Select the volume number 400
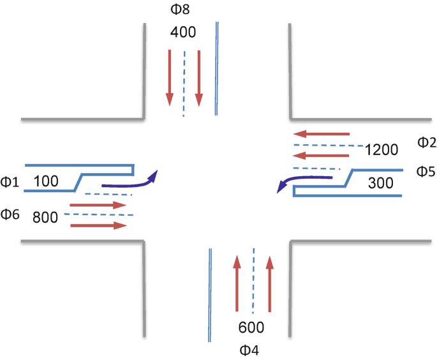[x=183, y=32]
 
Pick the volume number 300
[x=381, y=184]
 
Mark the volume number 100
[x=46, y=181]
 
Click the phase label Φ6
[x=11, y=214]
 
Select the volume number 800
[x=45, y=216]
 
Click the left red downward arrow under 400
[x=170, y=77]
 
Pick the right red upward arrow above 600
[x=270, y=285]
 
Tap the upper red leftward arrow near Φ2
[x=322, y=134]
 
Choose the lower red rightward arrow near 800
[x=98, y=225]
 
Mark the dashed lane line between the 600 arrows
[x=253, y=281]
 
